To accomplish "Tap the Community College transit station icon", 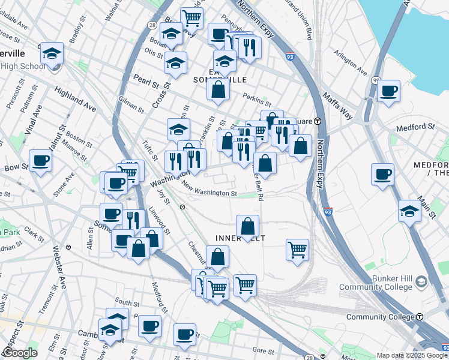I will (420, 316).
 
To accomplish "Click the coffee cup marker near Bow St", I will (40, 160).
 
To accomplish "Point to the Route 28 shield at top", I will (152, 25).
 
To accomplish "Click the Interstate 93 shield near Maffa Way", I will (290, 56).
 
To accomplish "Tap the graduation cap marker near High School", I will (52, 53).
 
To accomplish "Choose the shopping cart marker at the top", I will (191, 17).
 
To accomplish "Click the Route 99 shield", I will (376, 80).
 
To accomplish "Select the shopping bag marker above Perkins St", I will (218, 90).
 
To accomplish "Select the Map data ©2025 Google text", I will (412, 355).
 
